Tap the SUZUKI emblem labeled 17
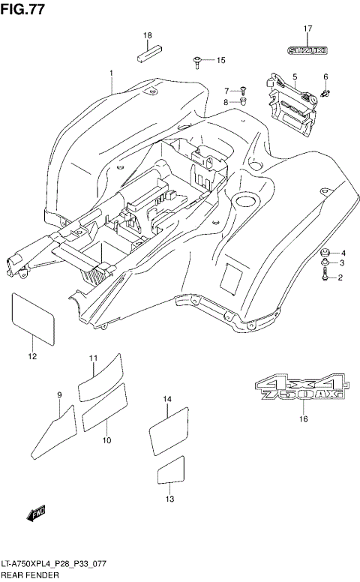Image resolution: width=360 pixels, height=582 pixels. click(x=307, y=50)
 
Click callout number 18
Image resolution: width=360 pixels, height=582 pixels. click(x=148, y=36)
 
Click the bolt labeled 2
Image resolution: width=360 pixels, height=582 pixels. click(x=325, y=277)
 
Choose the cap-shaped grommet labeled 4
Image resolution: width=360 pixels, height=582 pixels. click(x=325, y=252)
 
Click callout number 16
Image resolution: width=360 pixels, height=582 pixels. click(x=304, y=419)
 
